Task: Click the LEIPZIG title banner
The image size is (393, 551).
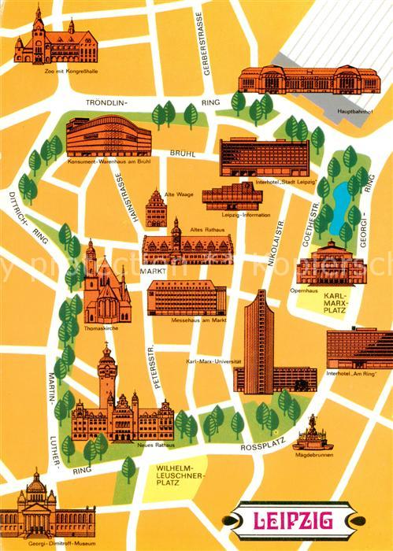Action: tap(295, 520)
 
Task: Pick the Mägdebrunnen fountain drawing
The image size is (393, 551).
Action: tap(313, 433)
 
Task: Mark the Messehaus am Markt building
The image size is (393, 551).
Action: tap(187, 298)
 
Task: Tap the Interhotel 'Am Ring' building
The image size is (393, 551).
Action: tap(359, 349)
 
